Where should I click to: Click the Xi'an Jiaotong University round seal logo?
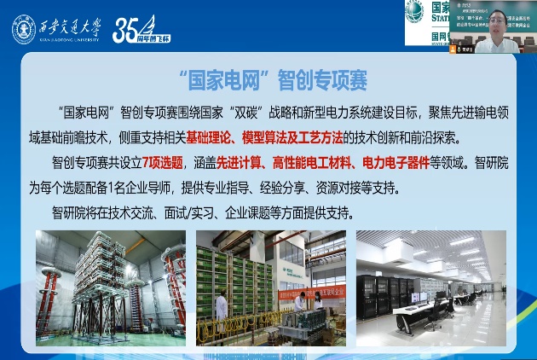click(24, 29)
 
